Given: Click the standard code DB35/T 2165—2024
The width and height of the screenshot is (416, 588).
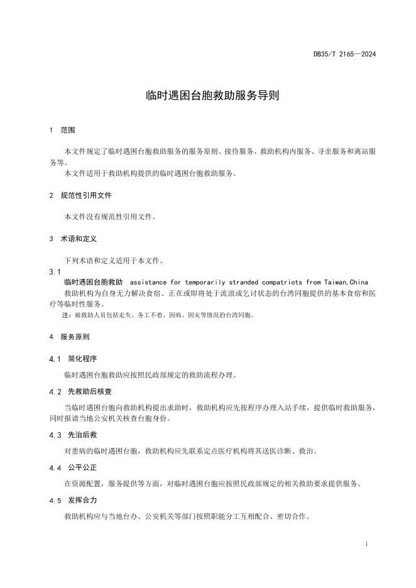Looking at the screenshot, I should [344, 54].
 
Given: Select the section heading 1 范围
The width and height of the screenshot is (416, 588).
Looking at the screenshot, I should [62, 131].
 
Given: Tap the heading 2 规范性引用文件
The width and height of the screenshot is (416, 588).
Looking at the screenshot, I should [80, 195].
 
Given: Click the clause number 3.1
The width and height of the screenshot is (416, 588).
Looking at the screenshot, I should [55, 271].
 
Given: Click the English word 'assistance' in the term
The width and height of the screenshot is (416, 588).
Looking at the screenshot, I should [148, 282].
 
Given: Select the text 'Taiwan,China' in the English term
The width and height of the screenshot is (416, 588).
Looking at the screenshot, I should [346, 282].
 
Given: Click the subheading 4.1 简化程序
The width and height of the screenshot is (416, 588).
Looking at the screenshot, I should [73, 359].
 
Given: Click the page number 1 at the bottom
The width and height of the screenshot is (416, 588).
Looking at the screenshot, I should [366, 543].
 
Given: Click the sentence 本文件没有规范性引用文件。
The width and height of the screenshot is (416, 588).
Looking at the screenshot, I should [110, 217].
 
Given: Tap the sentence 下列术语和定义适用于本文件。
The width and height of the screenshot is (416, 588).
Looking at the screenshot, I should [114, 260].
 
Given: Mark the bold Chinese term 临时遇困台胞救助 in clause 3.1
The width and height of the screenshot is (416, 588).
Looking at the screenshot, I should [94, 282].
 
